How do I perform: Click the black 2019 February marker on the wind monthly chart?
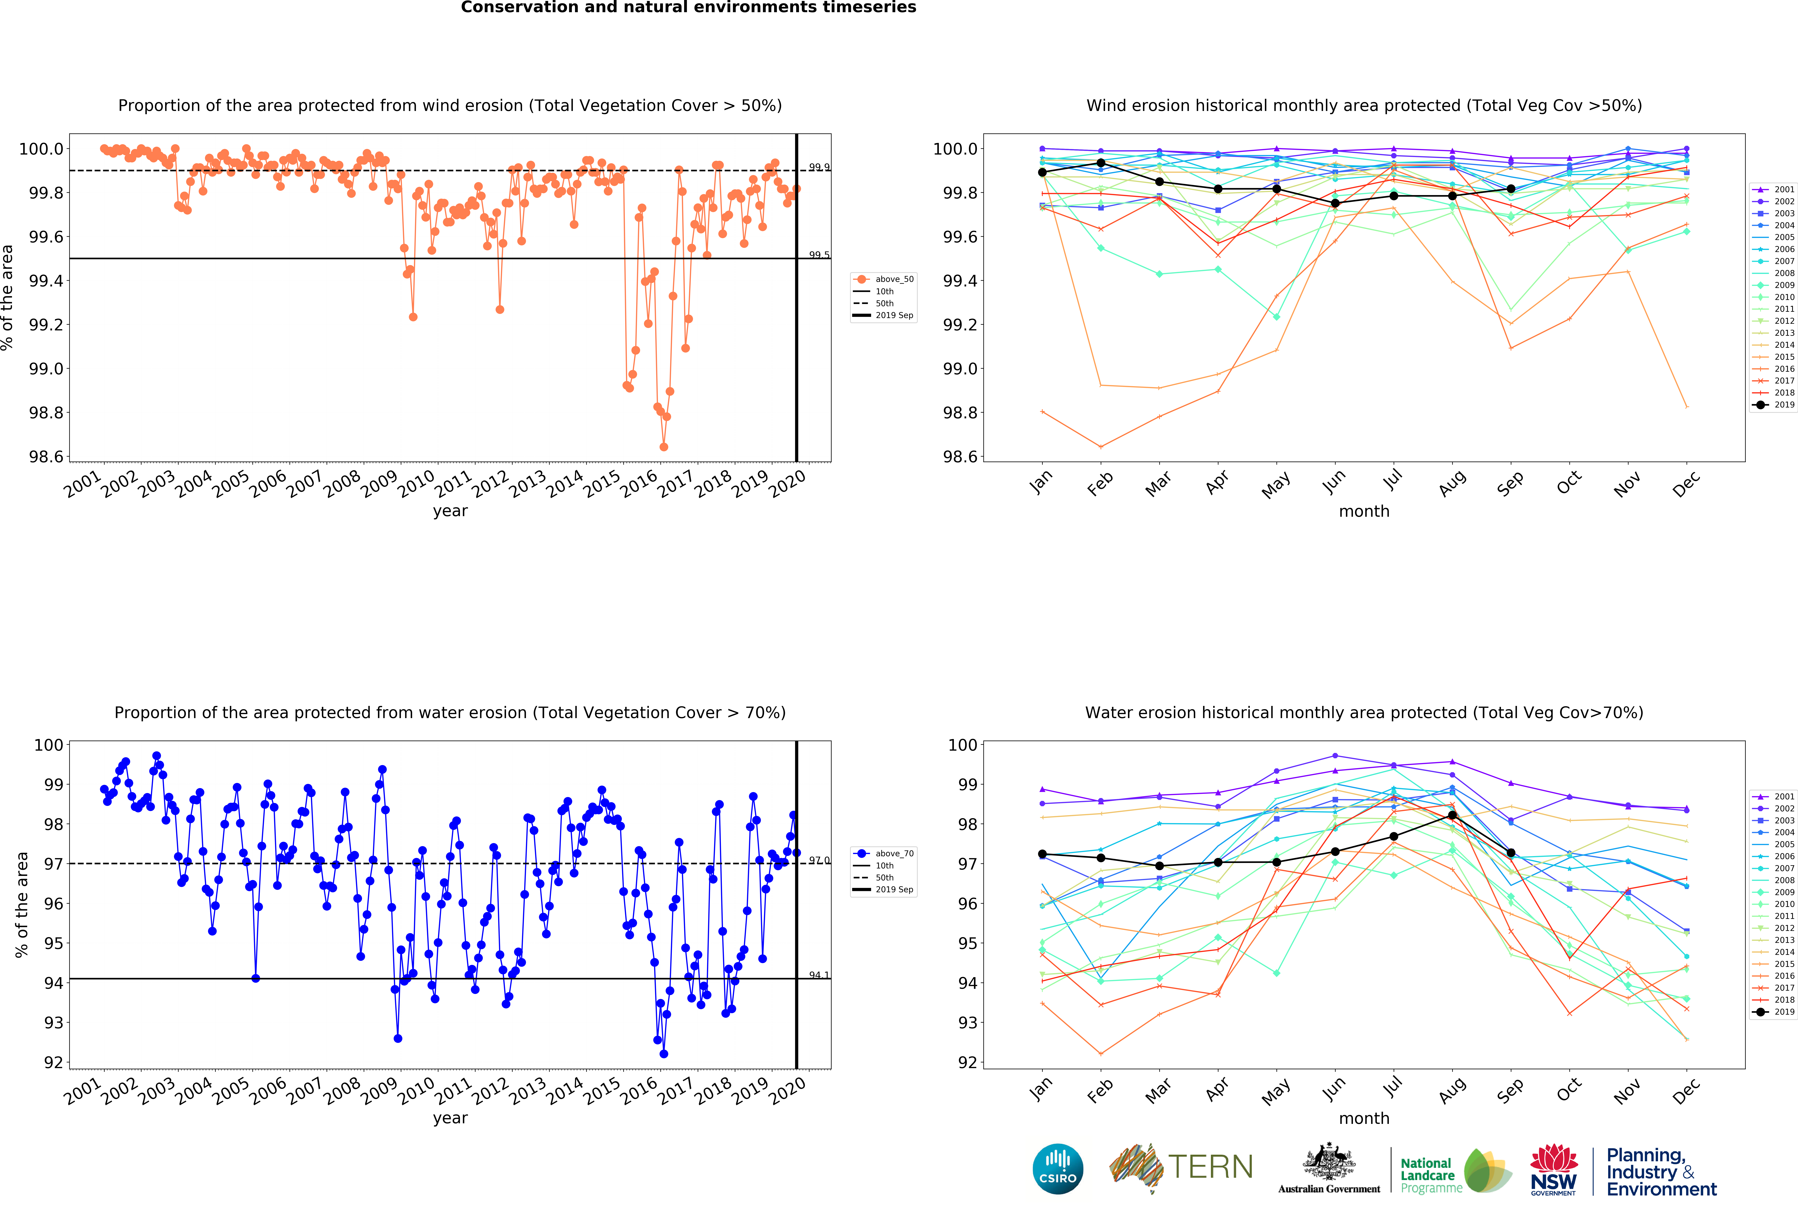coord(1101,163)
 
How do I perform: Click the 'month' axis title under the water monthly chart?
coord(1364,1119)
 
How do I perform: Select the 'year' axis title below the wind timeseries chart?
coord(450,511)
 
